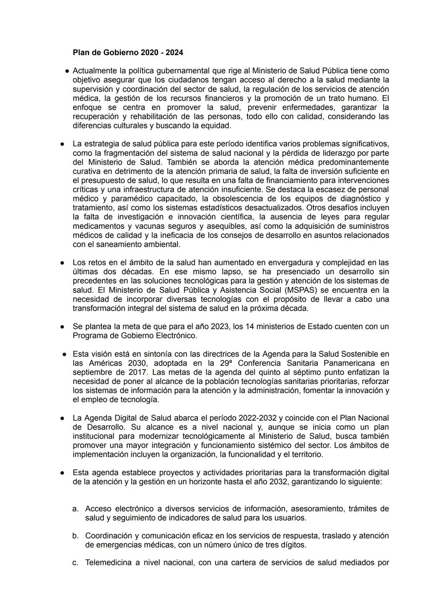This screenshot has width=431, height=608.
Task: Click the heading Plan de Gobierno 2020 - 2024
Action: [128, 52]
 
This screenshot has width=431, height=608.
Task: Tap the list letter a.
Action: [75, 509]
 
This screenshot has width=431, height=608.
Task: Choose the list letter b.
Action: [75, 536]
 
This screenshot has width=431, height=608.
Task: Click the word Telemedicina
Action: [109, 563]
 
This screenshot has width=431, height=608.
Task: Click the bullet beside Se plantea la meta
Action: [63, 327]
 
